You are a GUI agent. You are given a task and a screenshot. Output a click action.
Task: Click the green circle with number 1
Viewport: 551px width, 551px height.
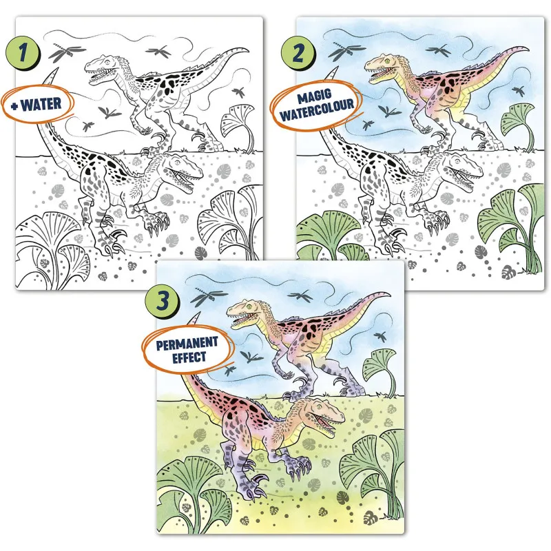point(23,53)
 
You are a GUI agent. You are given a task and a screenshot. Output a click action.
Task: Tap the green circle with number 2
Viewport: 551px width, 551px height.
point(298,53)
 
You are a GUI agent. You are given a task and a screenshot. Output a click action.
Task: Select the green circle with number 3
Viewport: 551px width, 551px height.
point(162,300)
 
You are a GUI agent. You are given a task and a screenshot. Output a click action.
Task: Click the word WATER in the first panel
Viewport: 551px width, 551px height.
point(41,105)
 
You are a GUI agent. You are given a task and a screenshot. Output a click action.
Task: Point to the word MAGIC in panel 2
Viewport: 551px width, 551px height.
point(315,96)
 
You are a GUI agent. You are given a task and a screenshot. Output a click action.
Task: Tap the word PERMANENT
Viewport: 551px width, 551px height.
point(187,343)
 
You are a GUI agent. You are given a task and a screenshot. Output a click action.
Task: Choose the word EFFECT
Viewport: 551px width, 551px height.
point(189,357)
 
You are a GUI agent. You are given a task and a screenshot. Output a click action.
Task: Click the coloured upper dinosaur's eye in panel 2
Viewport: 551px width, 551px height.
point(387,61)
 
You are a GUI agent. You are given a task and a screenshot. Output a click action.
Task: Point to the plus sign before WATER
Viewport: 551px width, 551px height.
point(14,105)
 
